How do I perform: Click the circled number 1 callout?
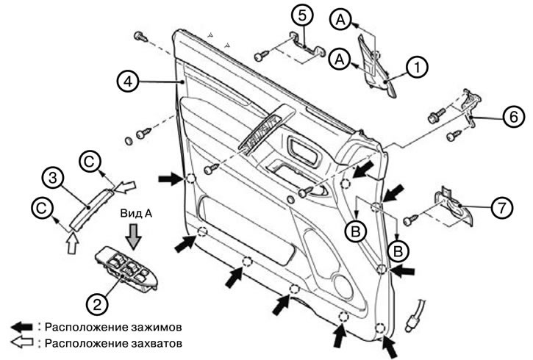coord(417,68)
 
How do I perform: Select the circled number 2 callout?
coord(96,301)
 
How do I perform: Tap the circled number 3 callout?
coord(51,177)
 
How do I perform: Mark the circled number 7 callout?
coord(501,207)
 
